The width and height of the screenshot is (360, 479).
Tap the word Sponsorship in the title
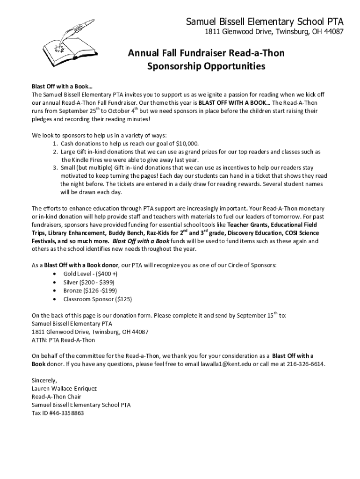coord(176,66)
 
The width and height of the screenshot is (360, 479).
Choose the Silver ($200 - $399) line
coord(89,282)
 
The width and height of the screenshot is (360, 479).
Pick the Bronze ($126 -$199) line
coord(89,290)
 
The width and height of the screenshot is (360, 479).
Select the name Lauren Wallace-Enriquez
coord(64,388)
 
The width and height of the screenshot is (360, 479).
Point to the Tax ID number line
coord(58,413)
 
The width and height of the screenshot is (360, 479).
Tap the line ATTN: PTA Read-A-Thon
coord(63,340)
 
